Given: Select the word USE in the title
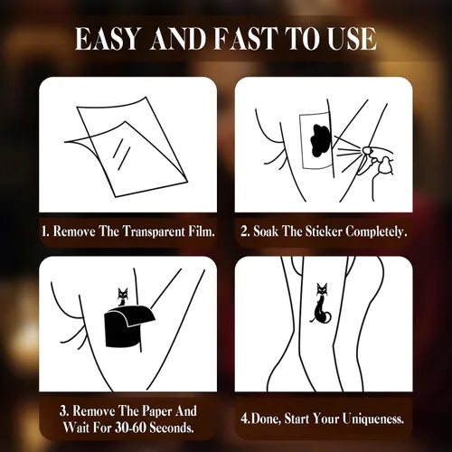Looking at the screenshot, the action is (352, 39).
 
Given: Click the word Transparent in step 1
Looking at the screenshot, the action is (154, 231).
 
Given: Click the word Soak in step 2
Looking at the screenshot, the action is (266, 231).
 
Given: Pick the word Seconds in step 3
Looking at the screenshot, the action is (172, 428).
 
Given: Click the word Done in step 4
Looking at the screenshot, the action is (266, 419).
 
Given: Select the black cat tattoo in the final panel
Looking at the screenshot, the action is (321, 304).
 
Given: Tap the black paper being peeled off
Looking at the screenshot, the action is (129, 325).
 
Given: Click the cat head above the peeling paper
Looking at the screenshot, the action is (123, 293).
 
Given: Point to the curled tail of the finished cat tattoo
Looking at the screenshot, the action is (328, 316).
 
